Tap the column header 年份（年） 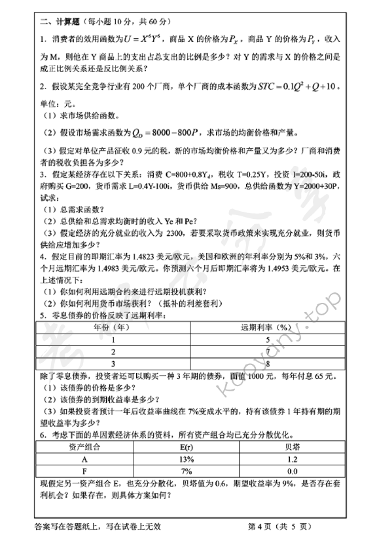(112, 327)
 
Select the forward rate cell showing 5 (266, 340)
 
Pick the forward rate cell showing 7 (266, 351)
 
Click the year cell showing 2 (113, 351)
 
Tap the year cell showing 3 (113, 363)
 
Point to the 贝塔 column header (291, 448)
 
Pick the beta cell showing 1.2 (291, 460)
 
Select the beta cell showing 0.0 (291, 471)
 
